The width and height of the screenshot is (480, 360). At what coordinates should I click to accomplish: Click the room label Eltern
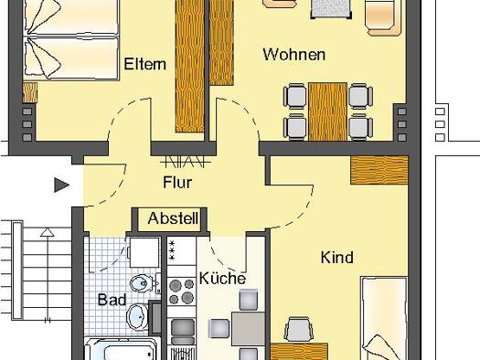tap(145, 64)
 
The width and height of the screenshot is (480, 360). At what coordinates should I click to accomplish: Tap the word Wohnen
tap(293, 55)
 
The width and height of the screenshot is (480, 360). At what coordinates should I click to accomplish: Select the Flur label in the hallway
tap(177, 183)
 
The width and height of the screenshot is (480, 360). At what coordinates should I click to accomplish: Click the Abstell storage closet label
tap(173, 218)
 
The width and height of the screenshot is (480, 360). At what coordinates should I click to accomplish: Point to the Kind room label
tap(337, 258)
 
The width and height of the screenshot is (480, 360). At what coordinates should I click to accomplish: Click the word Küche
tap(222, 278)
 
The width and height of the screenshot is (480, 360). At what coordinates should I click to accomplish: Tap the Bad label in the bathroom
tap(112, 300)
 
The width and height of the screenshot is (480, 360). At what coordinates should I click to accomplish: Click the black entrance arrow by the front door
tap(61, 185)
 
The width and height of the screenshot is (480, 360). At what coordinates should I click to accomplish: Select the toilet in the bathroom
tap(144, 283)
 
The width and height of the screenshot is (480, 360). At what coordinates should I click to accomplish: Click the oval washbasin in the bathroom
tap(137, 317)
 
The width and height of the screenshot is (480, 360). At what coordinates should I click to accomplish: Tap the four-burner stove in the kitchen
tap(182, 291)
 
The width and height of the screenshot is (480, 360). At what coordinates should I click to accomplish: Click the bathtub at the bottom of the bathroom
tap(123, 349)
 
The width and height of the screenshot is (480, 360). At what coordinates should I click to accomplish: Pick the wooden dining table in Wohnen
tap(327, 111)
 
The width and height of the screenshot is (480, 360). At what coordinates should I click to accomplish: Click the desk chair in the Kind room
tap(299, 329)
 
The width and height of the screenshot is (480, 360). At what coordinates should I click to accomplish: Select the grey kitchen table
tap(248, 329)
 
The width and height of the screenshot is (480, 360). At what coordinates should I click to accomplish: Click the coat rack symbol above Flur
tap(186, 162)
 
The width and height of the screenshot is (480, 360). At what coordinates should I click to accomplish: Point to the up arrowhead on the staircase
tap(48, 232)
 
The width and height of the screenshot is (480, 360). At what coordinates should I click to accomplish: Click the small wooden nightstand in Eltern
tap(29, 92)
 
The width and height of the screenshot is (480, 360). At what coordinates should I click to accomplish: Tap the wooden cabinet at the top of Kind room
tap(379, 170)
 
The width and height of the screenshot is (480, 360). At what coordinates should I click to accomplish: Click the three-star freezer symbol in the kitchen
tap(172, 250)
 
